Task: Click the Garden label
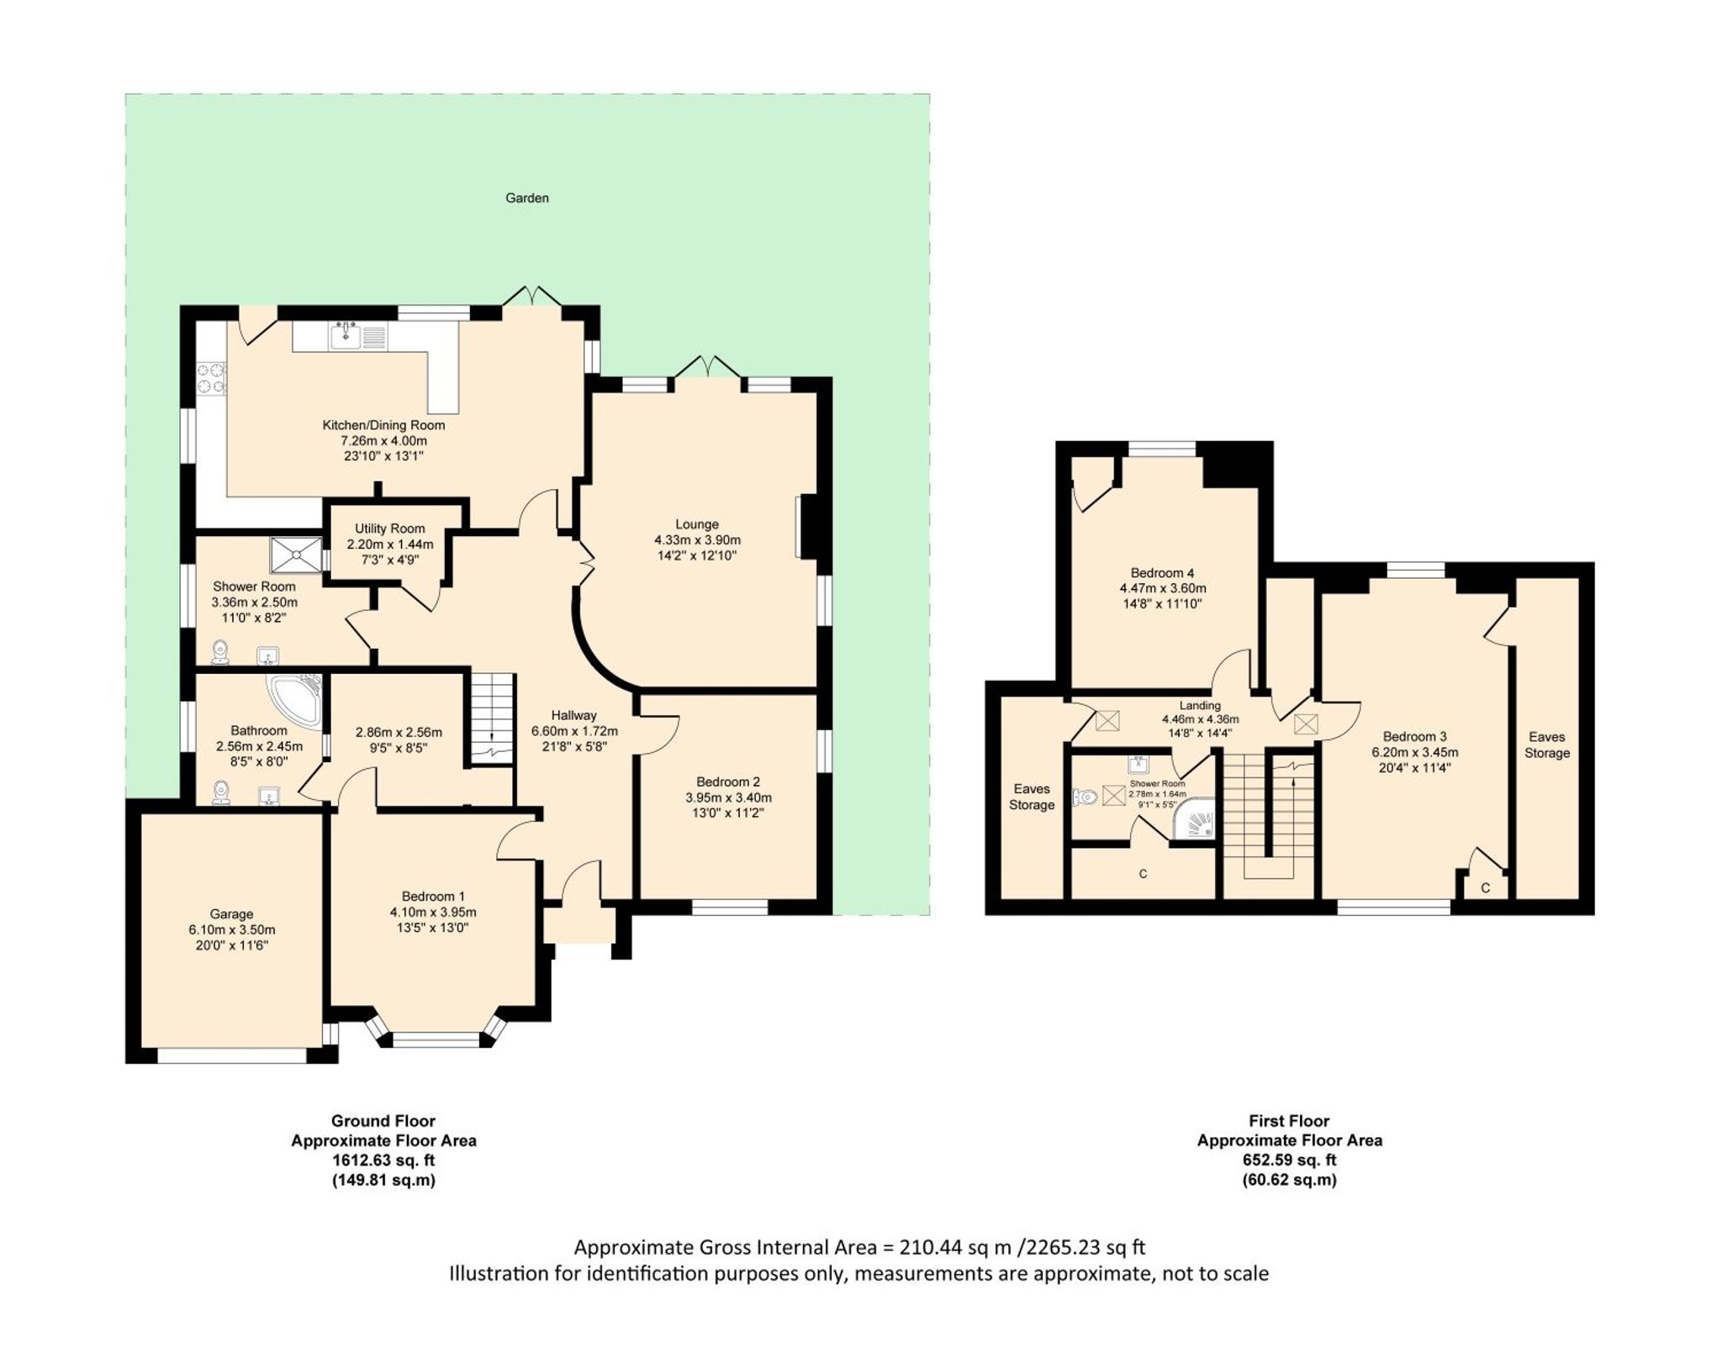(x=526, y=198)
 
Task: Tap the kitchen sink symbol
(x=346, y=336)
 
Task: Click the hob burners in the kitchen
(x=211, y=377)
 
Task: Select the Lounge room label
(x=696, y=524)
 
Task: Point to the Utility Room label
(x=389, y=529)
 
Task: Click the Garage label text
(x=231, y=914)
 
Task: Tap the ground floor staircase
(x=491, y=718)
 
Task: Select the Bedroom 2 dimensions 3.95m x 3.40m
(x=728, y=797)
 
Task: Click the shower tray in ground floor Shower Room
(x=295, y=552)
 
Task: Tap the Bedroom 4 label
(x=1162, y=572)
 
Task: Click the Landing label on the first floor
(x=1199, y=706)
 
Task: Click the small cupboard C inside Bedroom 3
(x=1485, y=887)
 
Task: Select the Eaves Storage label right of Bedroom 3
(x=1546, y=745)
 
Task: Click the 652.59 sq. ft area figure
(x=1289, y=1160)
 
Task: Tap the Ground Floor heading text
(x=383, y=1120)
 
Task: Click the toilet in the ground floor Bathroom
(x=221, y=792)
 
